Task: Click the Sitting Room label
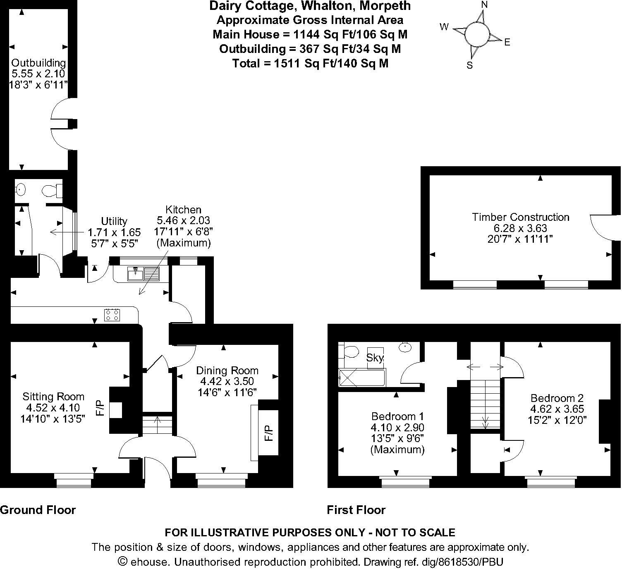(53, 397)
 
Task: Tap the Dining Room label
(227, 371)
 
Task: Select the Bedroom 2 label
(557, 398)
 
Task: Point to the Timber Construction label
(521, 217)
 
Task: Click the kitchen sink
(143, 274)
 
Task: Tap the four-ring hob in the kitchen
(112, 315)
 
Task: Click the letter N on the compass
(485, 5)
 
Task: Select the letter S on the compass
(469, 65)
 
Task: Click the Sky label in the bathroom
(375, 357)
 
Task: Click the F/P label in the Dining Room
(269, 433)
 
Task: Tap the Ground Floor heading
(38, 510)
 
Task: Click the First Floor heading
(356, 510)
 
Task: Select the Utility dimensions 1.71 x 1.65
(114, 232)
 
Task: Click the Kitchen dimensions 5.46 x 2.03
(184, 221)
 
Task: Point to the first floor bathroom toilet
(351, 352)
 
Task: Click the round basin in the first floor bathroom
(405, 347)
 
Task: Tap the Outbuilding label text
(38, 63)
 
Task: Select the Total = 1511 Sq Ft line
(310, 63)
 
